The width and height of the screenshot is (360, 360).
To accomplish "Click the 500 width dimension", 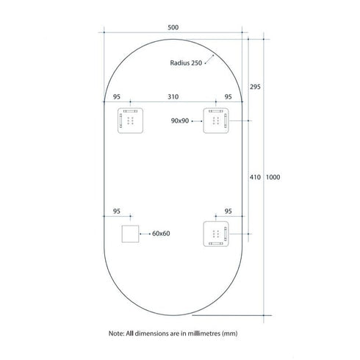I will pyautogui.click(x=173, y=26).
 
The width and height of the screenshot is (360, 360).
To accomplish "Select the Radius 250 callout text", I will pyautogui.click(x=185, y=63).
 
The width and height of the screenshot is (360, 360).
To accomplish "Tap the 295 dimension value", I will pyautogui.click(x=255, y=87).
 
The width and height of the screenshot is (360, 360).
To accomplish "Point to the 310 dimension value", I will pyautogui.click(x=173, y=96).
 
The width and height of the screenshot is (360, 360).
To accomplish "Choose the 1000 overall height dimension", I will pyautogui.click(x=273, y=177).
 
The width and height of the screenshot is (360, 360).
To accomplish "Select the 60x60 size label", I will pyautogui.click(x=161, y=233).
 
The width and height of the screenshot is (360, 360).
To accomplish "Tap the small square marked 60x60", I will pyautogui.click(x=131, y=234).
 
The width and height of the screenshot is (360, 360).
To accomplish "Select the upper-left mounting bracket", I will pyautogui.click(x=131, y=120).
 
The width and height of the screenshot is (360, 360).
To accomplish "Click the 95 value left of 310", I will pyautogui.click(x=117, y=96).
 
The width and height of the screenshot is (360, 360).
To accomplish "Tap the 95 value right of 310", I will pyautogui.click(x=228, y=96).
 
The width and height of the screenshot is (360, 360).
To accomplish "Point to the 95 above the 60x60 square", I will pyautogui.click(x=117, y=211).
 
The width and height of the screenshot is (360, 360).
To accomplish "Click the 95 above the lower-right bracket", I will pyautogui.click(x=228, y=211).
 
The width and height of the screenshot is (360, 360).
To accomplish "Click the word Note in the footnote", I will pyautogui.click(x=118, y=333).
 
